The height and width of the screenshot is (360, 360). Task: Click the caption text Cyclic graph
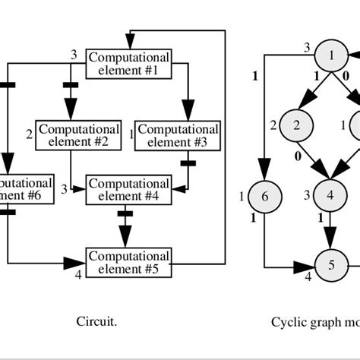311,322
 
